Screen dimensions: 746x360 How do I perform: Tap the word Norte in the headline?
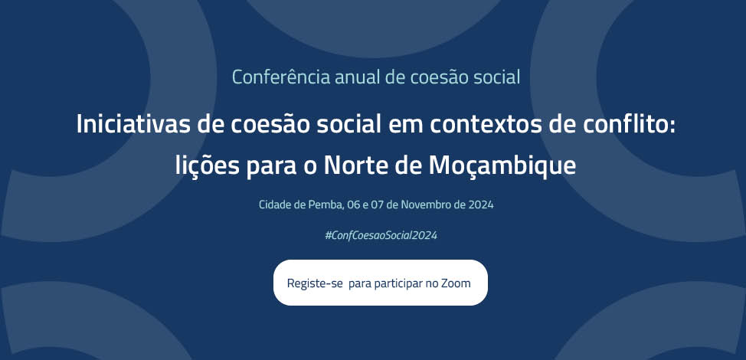coord(351,165)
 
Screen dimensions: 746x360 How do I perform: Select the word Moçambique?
coord(502,166)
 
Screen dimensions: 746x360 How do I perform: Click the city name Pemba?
coord(309,205)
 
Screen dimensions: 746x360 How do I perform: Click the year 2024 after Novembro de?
coord(480,205)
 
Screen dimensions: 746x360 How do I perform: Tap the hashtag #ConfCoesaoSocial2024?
coord(381,235)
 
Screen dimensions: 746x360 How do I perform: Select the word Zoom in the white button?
coord(456,283)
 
